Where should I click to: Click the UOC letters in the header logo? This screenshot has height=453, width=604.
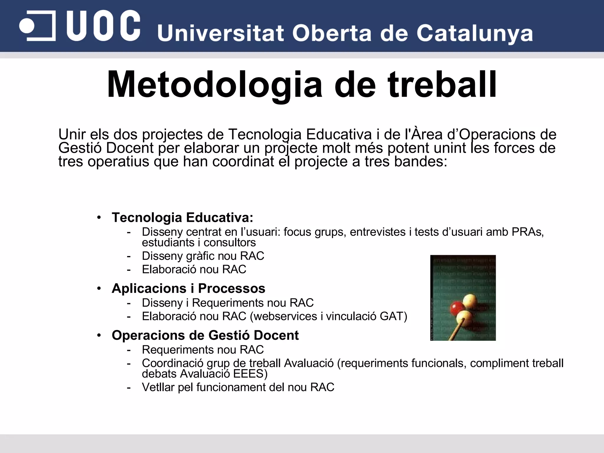(103, 26)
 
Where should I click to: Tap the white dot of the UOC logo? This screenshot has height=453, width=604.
(27, 26)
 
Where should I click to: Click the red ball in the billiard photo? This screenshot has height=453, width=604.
(456, 308)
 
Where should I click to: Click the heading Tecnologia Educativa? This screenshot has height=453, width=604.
(182, 218)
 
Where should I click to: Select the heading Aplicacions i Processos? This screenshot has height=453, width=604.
(188, 288)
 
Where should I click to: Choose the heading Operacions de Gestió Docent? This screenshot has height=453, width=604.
(205, 335)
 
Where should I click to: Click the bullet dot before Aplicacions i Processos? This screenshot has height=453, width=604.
(99, 288)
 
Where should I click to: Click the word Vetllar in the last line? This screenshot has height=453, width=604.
(158, 387)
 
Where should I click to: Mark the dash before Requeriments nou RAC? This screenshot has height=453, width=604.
(129, 350)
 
